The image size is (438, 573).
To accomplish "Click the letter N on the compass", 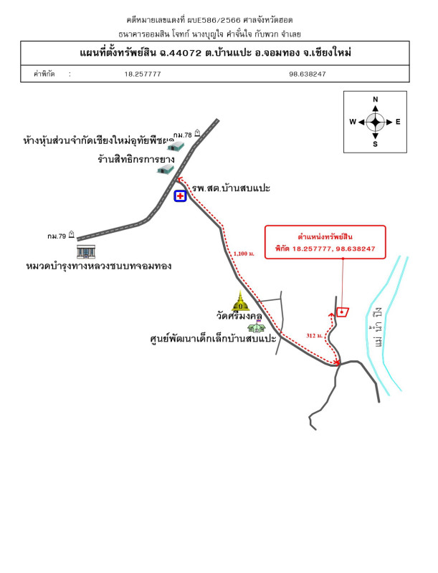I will tap(376, 100).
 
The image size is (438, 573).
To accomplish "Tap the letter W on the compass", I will tap(353, 122).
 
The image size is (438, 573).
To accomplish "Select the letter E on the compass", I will tap(398, 122).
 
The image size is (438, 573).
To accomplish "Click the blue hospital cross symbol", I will tap(180, 195).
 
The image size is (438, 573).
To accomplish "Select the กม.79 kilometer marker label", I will tap(57, 236).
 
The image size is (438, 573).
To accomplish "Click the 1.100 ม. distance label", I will tap(244, 254).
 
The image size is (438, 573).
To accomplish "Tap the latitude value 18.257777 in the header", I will tap(143, 74).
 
